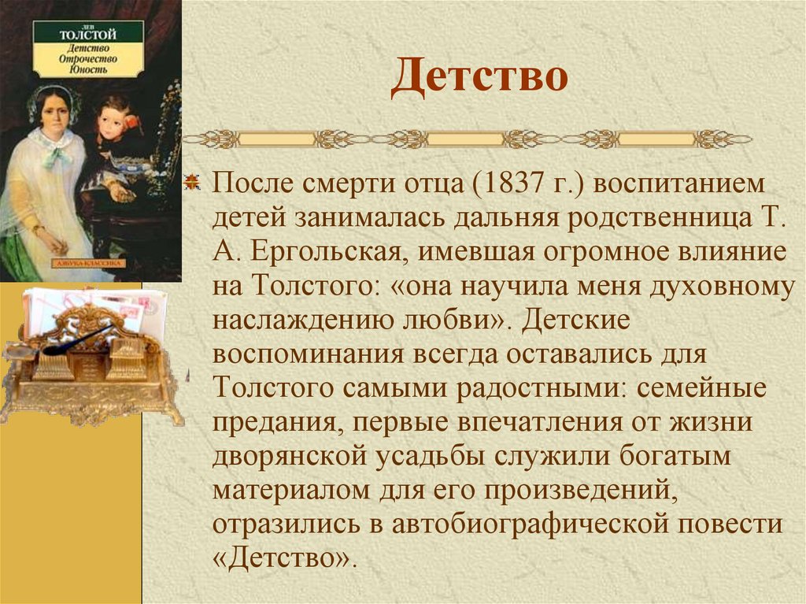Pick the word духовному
click(x=727, y=287)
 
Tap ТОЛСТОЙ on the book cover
click(x=88, y=35)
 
